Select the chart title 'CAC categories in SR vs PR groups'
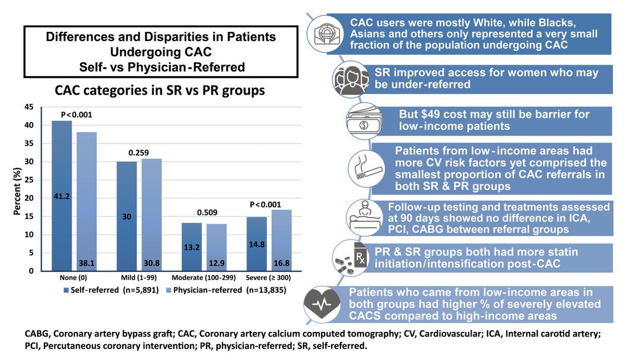click(x=161, y=90)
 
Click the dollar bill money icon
click(x=364, y=122)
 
